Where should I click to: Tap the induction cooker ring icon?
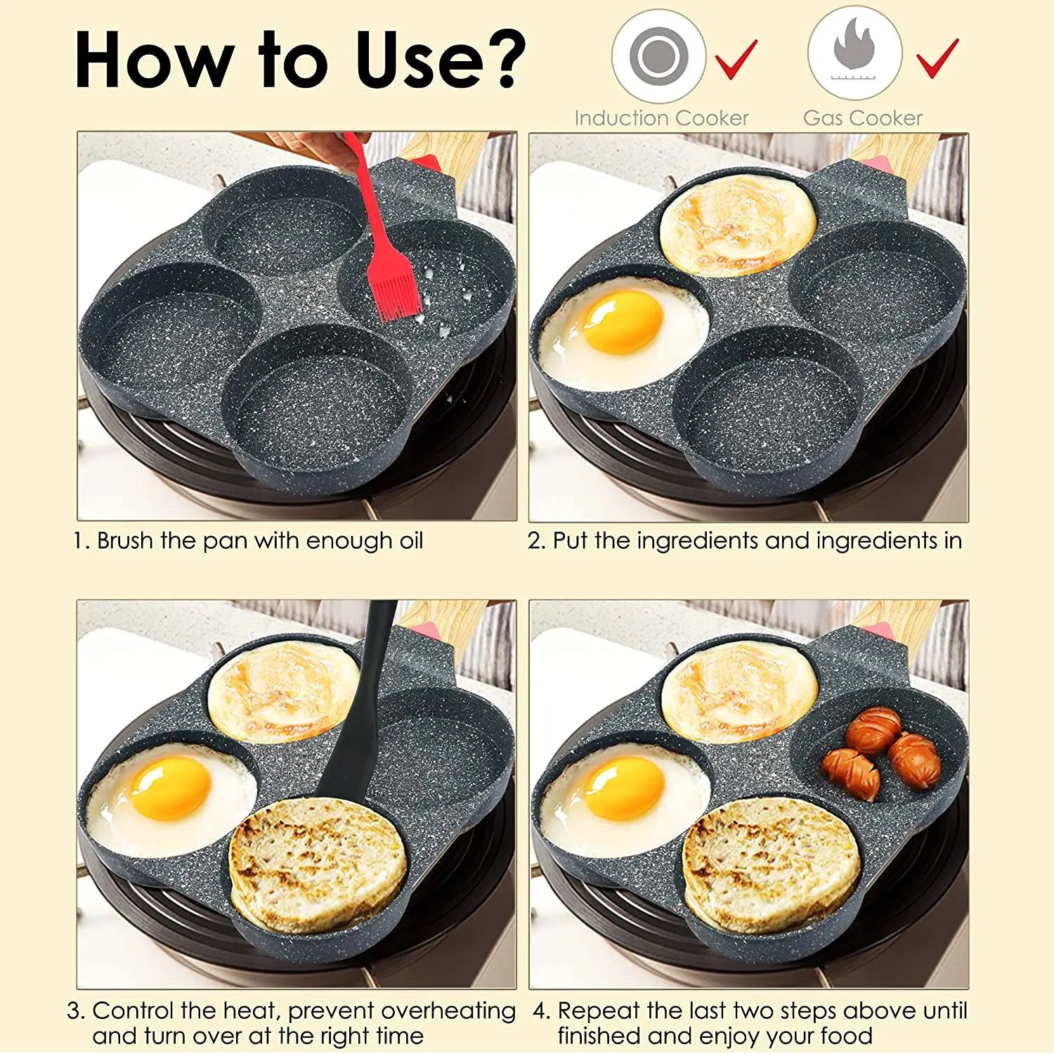click(658, 56)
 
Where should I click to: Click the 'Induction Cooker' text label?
click(661, 118)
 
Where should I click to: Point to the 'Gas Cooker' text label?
click(862, 118)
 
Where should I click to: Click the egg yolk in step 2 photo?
click(623, 322)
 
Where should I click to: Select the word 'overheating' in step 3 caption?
click(448, 1010)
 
